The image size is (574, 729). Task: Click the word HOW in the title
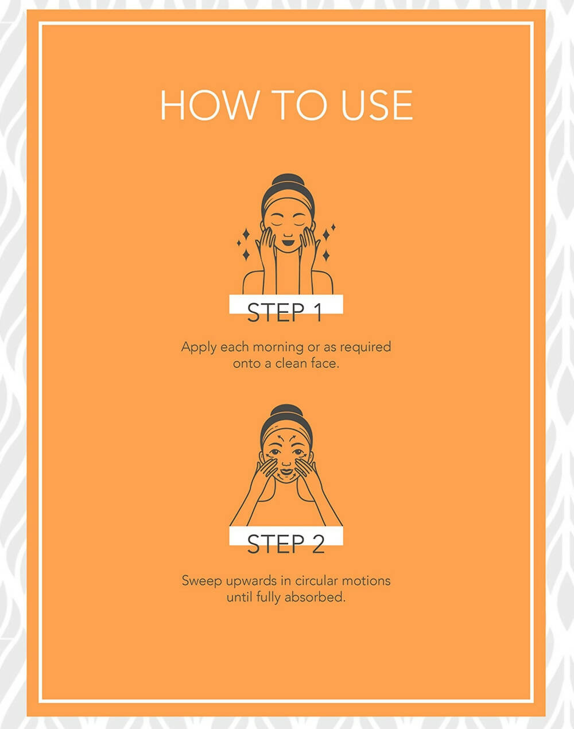coord(208,105)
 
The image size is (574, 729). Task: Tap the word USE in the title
coord(377,105)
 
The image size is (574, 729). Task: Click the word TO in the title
coord(301,105)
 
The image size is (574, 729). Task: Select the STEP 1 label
coord(285,312)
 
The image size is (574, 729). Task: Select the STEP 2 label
coord(286,544)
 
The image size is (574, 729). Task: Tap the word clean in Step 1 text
coord(290,363)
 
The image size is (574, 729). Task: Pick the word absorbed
coord(315,597)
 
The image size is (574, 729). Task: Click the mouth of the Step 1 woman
coord(288,243)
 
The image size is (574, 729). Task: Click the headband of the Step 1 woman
coord(288,202)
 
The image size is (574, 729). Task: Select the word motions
coord(366,581)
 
